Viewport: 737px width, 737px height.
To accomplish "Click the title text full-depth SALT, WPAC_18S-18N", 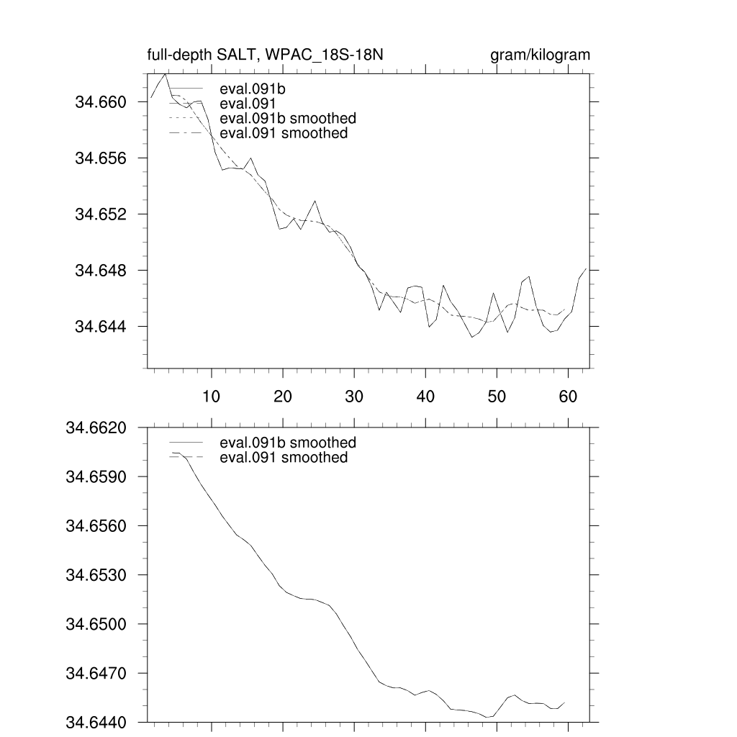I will pos(270,55).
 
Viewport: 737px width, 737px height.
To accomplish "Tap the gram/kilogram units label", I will pos(540,55).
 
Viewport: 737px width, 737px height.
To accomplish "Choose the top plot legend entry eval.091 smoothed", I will pos(284,133).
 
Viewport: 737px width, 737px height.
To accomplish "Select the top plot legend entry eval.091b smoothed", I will pos(288,118).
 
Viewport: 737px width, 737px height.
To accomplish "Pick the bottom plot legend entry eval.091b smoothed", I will pos(288,443).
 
